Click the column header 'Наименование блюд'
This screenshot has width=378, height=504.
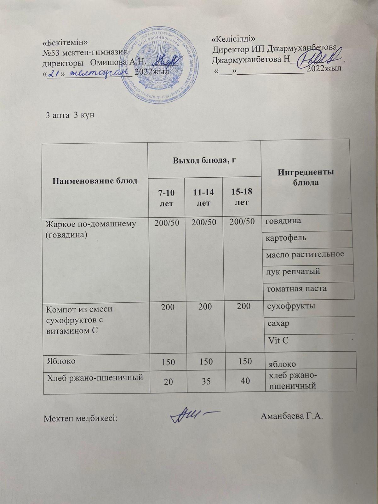(x=95, y=180)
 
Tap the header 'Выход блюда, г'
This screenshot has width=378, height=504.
(x=204, y=160)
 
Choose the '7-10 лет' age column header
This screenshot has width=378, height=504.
(x=167, y=198)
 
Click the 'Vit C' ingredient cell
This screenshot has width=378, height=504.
(x=278, y=340)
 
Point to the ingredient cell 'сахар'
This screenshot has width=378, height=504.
(x=278, y=324)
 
